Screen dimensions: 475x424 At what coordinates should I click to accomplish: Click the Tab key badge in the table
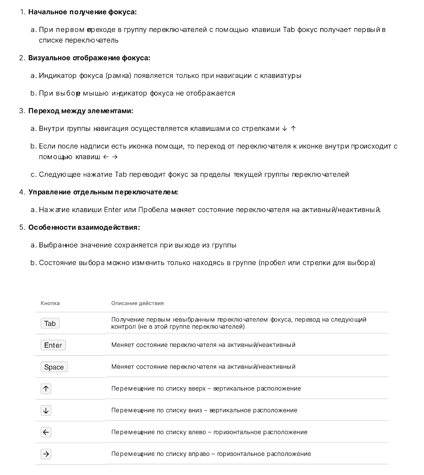50,323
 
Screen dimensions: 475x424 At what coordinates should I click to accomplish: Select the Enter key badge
53,345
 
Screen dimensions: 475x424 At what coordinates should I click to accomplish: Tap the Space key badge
54,367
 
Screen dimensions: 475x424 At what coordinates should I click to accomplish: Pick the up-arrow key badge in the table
46,389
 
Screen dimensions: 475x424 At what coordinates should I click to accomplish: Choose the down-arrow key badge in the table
46,410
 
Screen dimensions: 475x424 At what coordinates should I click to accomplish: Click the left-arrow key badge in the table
46,432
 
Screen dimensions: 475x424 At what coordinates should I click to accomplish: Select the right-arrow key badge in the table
46,454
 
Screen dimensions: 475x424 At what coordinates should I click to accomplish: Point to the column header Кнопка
50,303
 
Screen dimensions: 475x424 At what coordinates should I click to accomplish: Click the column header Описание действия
137,303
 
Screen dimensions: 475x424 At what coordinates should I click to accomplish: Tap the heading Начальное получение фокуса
82,12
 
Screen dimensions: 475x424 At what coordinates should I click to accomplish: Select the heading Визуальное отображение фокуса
89,58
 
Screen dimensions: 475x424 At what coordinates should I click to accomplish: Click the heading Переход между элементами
80,111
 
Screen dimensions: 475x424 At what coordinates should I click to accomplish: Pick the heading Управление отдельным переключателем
103,192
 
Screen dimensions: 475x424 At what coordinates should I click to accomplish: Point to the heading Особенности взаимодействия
84,228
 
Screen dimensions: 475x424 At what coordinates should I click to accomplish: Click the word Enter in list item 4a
113,210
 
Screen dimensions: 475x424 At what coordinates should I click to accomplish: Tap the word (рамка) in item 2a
118,76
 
